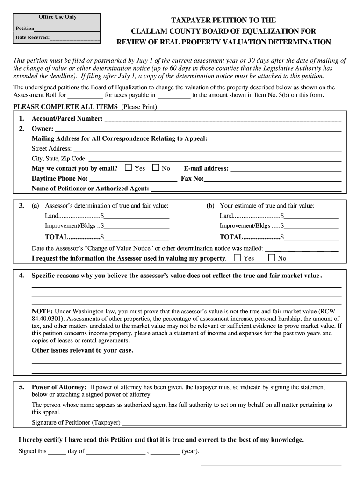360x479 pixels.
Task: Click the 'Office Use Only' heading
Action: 58,17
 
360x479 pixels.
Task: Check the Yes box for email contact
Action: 129,168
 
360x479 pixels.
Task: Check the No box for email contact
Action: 156,168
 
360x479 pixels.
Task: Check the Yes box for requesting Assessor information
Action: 238,258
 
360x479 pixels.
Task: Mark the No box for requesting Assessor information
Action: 272,258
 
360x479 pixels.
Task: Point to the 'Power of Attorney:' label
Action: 59,387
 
